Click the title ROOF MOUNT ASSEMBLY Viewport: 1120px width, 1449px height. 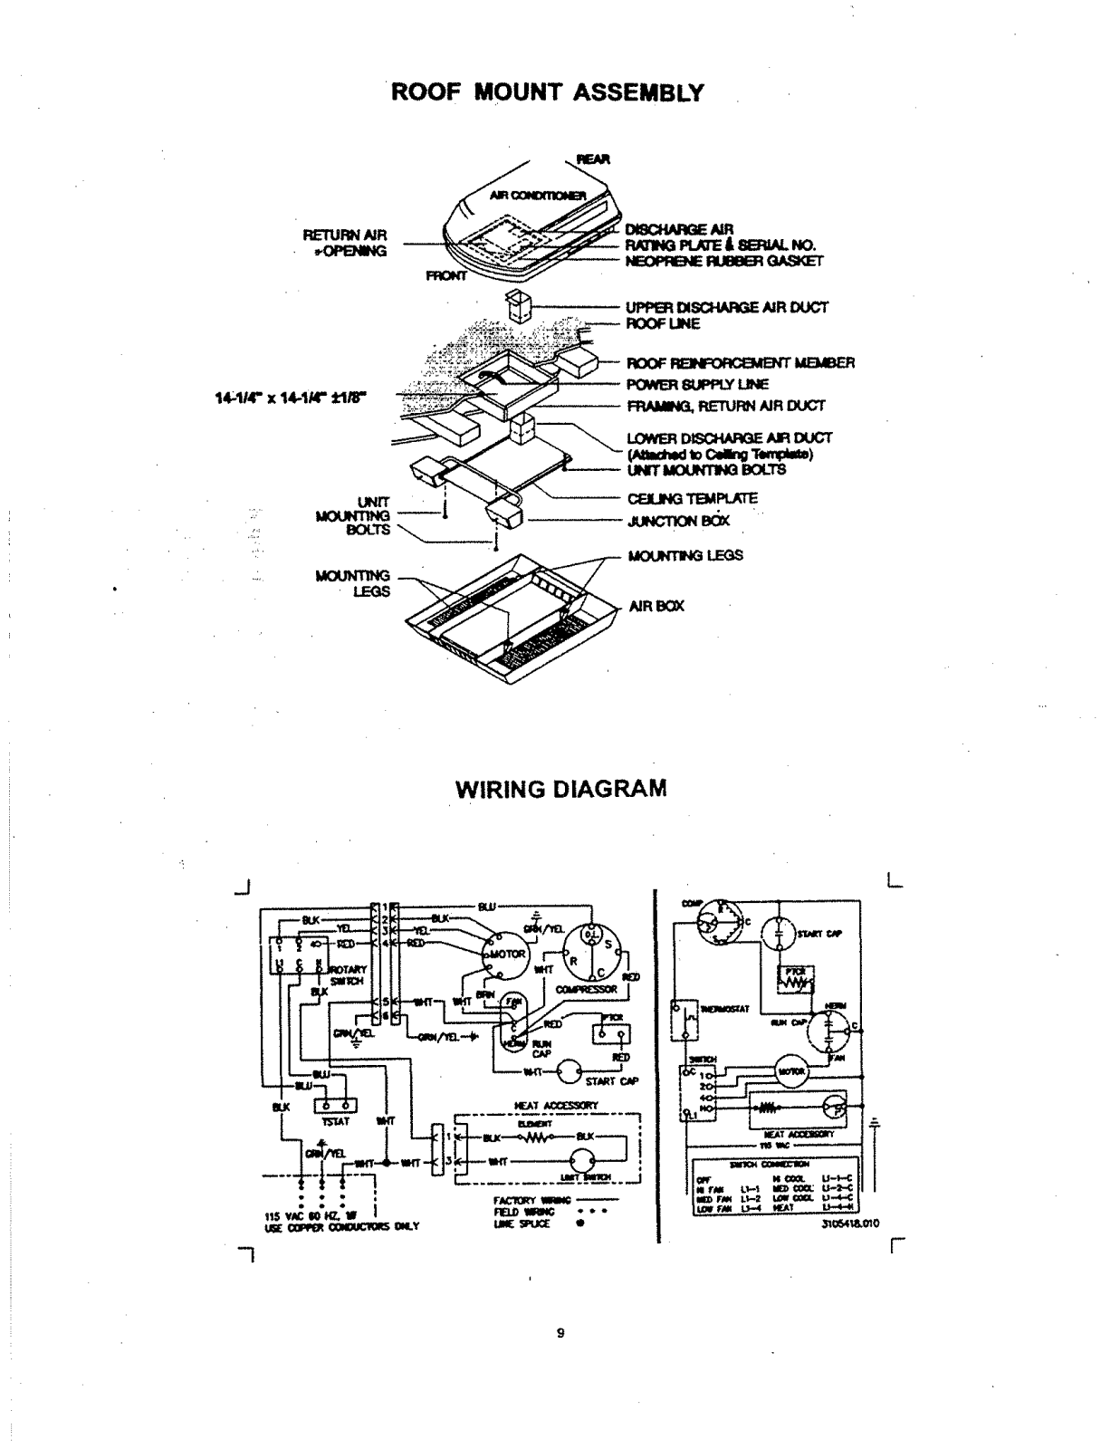point(547,92)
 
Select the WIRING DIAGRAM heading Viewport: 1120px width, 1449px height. point(560,788)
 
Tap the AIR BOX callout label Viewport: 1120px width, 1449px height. point(656,606)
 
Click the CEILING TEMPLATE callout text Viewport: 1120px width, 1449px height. point(693,498)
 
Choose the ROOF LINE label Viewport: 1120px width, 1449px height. point(663,323)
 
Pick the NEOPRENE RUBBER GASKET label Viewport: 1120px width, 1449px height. point(723,261)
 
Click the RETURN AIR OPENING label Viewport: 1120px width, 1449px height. point(345,243)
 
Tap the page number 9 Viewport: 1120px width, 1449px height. point(560,1332)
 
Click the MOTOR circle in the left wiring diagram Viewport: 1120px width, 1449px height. point(507,955)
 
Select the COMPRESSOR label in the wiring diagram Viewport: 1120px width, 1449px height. point(587,989)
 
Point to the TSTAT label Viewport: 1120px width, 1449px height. point(335,1121)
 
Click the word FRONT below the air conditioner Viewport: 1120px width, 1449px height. point(447,276)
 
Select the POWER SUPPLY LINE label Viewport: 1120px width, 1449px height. point(697,384)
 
